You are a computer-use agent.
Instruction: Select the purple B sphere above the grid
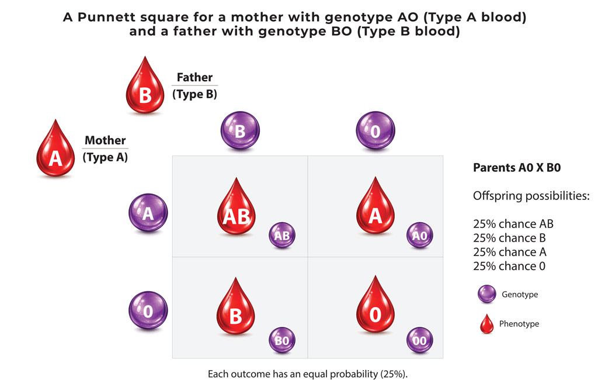(240, 130)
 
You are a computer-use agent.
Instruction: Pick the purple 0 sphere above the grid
(376, 130)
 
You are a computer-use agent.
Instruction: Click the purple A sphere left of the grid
(148, 213)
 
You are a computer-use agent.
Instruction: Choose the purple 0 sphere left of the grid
(148, 310)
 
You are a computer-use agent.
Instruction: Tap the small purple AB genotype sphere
(282, 235)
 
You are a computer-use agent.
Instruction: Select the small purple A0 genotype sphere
(420, 235)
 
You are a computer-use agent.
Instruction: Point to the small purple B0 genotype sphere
(282, 340)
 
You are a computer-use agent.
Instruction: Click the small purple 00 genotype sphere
(420, 340)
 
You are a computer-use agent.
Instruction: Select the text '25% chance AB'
(513, 224)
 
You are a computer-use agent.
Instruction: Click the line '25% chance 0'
(509, 266)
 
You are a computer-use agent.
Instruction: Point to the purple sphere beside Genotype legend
(487, 294)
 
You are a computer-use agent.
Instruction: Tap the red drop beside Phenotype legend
(487, 324)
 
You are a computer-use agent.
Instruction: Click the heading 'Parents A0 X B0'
(517, 168)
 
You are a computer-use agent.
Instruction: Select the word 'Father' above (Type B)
(194, 77)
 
